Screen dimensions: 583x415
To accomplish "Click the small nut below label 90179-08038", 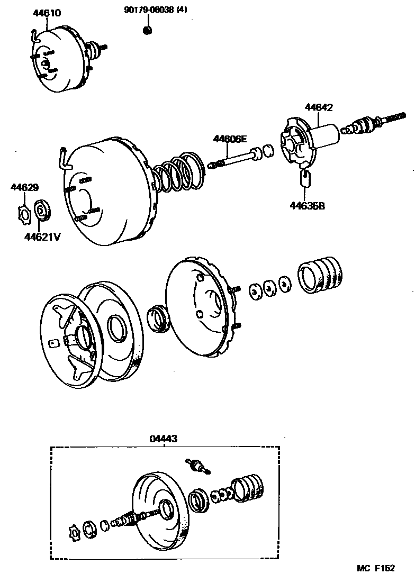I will coord(148,30).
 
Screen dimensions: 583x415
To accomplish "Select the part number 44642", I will coord(319,107).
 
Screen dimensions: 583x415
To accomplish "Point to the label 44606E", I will coord(230,139).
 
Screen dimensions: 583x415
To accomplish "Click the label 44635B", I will coord(307,205).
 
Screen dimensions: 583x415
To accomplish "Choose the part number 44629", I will coord(24,187).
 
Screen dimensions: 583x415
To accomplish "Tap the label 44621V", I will coord(42,236).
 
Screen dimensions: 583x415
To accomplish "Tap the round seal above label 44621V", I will coord(42,210).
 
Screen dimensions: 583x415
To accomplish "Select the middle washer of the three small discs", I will coord(269,287).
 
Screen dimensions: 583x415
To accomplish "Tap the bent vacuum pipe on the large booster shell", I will coord(64,159).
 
